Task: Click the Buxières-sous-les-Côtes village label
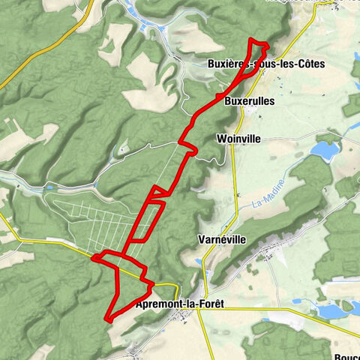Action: tap(265, 64)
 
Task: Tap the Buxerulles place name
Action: tap(250, 100)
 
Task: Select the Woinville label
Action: tap(237, 139)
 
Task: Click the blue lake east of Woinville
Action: tap(324, 151)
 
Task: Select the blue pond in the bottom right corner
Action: tap(331, 310)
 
